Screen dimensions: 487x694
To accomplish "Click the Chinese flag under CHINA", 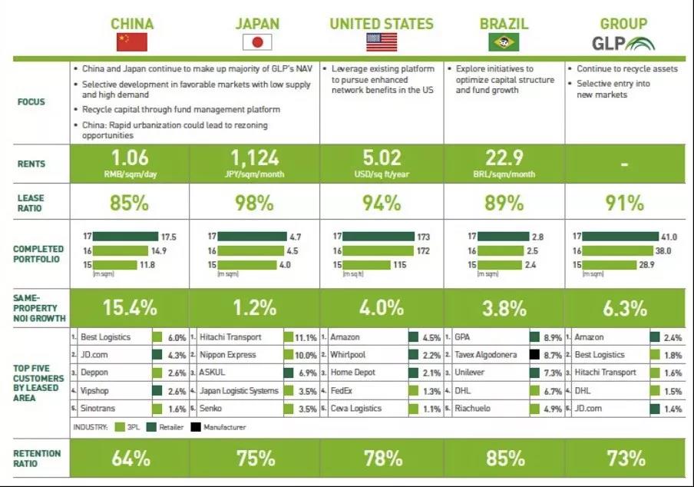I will click(x=131, y=42).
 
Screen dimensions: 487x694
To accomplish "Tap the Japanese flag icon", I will click(x=257, y=42).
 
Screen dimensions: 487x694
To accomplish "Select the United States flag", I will click(x=382, y=42).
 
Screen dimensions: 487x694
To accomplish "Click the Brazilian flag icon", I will click(x=504, y=42).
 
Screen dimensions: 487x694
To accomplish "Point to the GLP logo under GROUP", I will click(x=623, y=43).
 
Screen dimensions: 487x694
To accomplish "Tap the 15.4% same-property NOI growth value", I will click(x=131, y=308).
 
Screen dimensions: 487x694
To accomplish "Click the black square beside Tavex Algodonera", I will click(x=534, y=355).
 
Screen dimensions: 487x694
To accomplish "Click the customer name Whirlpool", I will click(x=349, y=355).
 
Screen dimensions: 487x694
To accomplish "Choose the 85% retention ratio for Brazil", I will click(x=505, y=459).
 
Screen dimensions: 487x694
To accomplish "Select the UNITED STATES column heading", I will click(x=382, y=24).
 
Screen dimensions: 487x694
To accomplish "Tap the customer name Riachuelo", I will click(x=476, y=409).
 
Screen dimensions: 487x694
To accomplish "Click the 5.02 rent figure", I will click(x=382, y=157).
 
